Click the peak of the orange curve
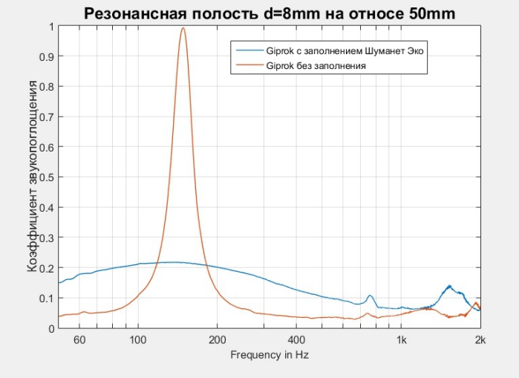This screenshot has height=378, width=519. [x=183, y=29]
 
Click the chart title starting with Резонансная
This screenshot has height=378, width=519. [x=269, y=13]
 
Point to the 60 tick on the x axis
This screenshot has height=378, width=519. [x=80, y=340]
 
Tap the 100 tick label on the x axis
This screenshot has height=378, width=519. [x=137, y=340]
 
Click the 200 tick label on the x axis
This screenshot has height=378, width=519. [x=217, y=340]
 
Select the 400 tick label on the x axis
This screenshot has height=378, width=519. [x=296, y=340]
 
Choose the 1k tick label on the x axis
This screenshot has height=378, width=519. [x=401, y=340]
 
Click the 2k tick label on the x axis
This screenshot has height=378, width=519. [x=480, y=340]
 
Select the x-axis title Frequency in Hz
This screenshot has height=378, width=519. [x=269, y=355]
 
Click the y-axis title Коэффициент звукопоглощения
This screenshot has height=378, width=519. [x=33, y=177]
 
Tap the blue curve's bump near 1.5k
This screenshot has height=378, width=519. [x=449, y=286]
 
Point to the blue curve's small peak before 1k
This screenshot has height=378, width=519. [x=370, y=296]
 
